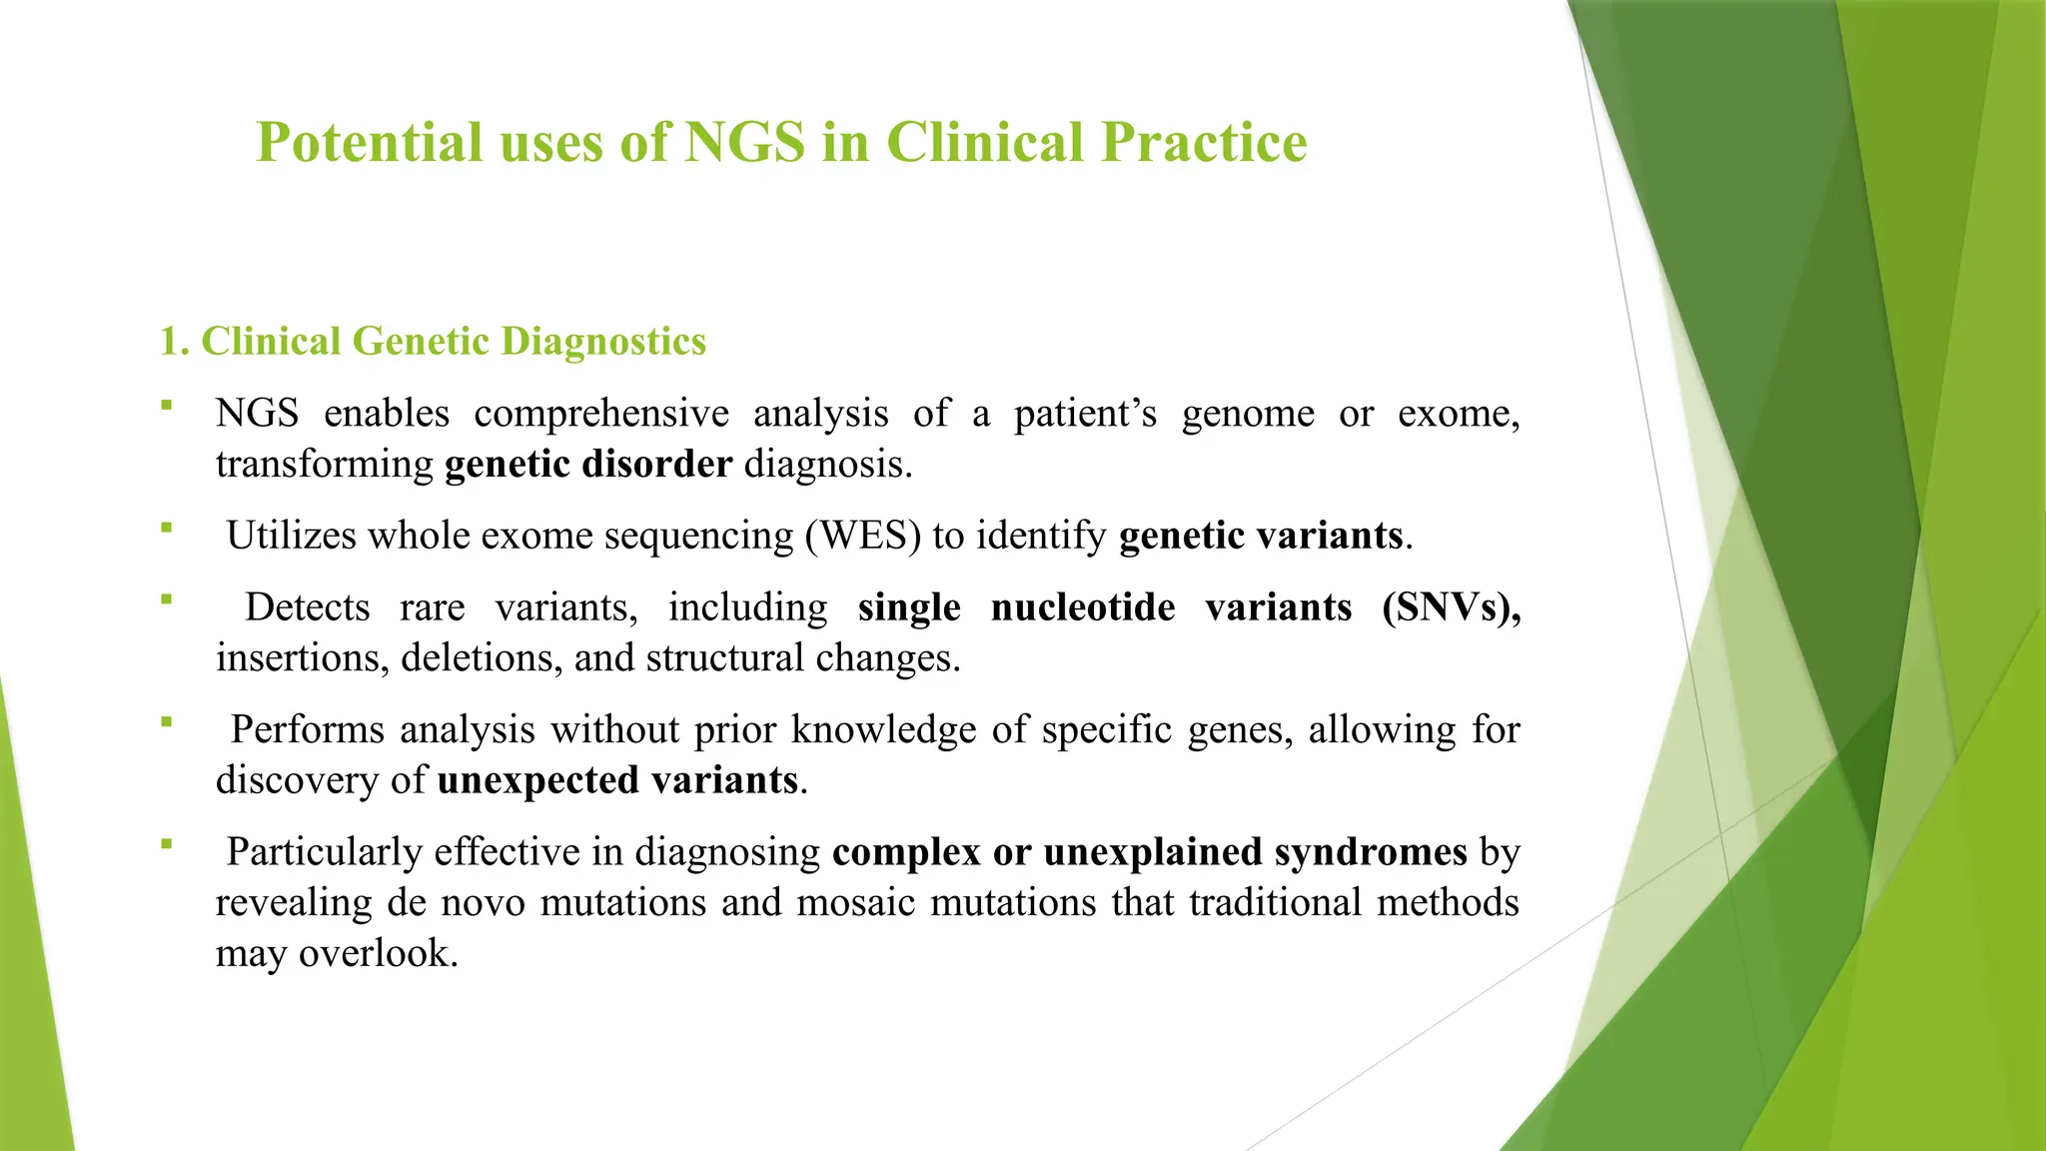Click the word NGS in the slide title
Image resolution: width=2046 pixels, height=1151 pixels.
pyautogui.click(x=744, y=142)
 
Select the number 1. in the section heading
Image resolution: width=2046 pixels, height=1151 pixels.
pyautogui.click(x=174, y=342)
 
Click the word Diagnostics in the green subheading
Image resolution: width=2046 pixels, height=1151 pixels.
pyautogui.click(x=603, y=342)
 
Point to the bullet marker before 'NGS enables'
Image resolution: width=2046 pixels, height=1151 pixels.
pyautogui.click(x=167, y=405)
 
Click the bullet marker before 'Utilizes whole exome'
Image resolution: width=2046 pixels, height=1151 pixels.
pyautogui.click(x=167, y=527)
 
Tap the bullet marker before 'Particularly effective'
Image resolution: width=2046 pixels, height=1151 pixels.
pyautogui.click(x=167, y=844)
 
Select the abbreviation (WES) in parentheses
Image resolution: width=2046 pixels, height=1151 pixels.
pyautogui.click(x=862, y=537)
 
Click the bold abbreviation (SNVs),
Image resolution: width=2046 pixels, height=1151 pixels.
pyautogui.click(x=1451, y=607)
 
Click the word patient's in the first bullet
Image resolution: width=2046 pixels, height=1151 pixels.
pyautogui.click(x=1085, y=414)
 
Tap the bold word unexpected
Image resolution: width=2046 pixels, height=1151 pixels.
pyautogui.click(x=537, y=780)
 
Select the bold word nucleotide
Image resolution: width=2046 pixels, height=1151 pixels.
pyautogui.click(x=1082, y=607)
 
